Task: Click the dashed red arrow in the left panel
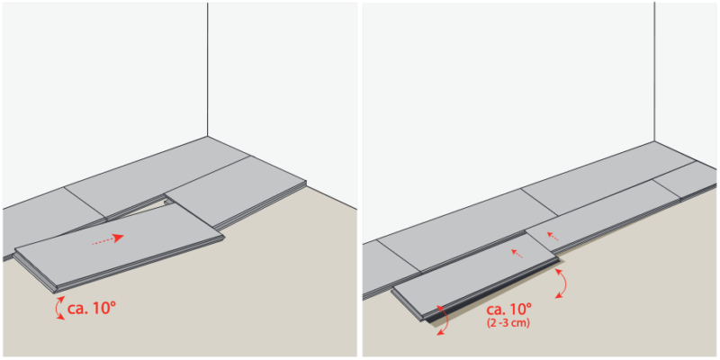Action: (x=107, y=240)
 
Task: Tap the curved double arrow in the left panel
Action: (x=59, y=308)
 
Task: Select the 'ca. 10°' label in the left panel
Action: (x=92, y=308)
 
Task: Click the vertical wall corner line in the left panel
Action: (x=208, y=69)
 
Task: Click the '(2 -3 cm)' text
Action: (x=508, y=324)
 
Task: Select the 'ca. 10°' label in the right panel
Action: (x=508, y=309)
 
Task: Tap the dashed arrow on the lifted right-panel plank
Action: (x=517, y=254)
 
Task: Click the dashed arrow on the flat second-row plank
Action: (x=553, y=236)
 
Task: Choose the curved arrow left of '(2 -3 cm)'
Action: (x=443, y=320)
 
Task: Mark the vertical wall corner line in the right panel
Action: (x=654, y=72)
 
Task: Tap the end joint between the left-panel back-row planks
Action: (x=85, y=202)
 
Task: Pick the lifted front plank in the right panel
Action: (x=475, y=275)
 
